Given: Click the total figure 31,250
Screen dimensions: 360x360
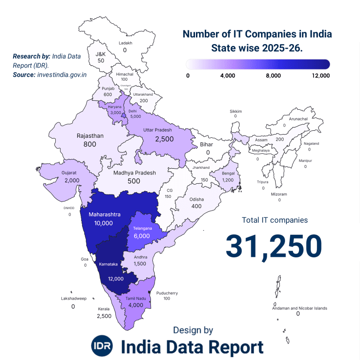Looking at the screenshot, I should pos(274,246).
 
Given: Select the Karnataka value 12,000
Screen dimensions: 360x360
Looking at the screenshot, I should pos(115,278).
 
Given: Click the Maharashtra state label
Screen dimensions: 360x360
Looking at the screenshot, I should pos(105,214).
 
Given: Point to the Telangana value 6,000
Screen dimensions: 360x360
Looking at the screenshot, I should pos(142,236).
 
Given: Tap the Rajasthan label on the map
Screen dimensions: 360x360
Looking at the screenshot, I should pos(90,136).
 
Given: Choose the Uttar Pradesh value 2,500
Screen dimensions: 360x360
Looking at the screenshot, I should pos(165,139).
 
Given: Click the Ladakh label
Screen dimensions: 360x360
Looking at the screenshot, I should pos(125,43).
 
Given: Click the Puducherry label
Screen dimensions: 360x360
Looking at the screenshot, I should pos(167,293).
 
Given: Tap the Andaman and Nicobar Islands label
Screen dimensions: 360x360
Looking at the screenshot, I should pos(300,308).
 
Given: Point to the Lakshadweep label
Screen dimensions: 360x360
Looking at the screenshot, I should pos(74,298).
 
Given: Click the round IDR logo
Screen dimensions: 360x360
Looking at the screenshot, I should pos(102,346).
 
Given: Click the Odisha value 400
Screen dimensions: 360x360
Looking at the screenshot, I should pos(196,206).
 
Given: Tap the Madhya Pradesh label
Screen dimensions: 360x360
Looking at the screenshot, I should pos(135,172).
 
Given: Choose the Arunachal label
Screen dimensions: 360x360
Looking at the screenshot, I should pos(298,119).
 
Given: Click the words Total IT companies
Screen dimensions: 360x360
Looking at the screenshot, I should pos(275,219).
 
